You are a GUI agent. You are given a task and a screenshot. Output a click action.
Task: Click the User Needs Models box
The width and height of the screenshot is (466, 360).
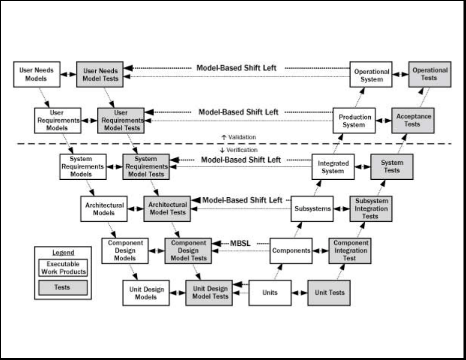click(x=37, y=75)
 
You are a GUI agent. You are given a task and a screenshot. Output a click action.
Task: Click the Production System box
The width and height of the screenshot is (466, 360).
click(x=354, y=121)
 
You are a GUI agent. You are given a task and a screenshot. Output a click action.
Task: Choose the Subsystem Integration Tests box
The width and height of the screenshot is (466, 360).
click(x=370, y=208)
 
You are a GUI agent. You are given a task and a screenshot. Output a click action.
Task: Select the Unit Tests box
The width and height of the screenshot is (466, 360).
click(x=329, y=292)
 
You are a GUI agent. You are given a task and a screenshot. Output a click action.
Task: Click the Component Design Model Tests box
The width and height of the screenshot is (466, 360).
click(x=188, y=250)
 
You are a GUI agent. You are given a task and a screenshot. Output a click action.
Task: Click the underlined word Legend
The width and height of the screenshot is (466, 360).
click(x=63, y=253)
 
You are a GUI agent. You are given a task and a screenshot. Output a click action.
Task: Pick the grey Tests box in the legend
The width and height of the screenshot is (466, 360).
click(x=63, y=287)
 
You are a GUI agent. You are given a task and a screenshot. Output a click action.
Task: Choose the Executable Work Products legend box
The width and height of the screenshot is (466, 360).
click(x=63, y=268)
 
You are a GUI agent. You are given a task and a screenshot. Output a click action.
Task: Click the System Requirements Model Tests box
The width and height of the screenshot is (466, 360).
click(x=146, y=167)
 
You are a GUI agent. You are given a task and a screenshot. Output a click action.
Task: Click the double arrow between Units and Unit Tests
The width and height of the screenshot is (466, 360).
click(x=299, y=292)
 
